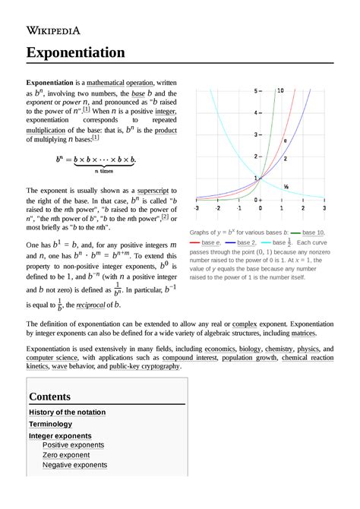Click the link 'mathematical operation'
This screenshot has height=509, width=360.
coord(120,82)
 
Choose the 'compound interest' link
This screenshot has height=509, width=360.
coord(210,357)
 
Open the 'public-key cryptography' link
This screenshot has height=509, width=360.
coord(144,366)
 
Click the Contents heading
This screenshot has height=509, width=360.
coord(49,397)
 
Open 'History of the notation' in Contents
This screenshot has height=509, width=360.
coord(67,413)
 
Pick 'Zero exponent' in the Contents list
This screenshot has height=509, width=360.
coord(66,454)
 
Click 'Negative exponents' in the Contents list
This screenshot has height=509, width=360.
coord(74,465)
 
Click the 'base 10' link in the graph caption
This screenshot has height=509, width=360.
coord(313,232)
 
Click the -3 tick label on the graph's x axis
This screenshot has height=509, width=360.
coord(197,207)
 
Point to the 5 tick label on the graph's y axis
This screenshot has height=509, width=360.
coord(256,90)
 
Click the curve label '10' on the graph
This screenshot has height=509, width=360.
coord(280,90)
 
